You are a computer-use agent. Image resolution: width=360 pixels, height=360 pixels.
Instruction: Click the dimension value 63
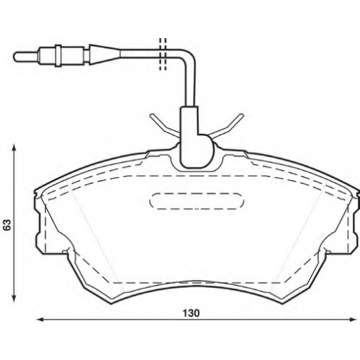pyautogui.click(x=7, y=225)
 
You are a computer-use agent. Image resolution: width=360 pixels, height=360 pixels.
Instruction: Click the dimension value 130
pyautogui.click(x=191, y=313)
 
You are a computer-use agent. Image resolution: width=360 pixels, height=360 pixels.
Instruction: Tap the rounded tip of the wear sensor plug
pyautogui.click(x=15, y=57)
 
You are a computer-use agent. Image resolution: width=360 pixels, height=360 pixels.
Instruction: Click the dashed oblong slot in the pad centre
pyautogui.click(x=197, y=201)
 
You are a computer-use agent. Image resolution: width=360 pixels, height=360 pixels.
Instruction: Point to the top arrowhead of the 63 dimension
pyautogui.click(x=14, y=147)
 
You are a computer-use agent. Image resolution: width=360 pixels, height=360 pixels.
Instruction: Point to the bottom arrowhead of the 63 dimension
pyautogui.click(x=14, y=299)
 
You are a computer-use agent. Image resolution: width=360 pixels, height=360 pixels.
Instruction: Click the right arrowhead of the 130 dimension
pyautogui.click(x=354, y=320)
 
